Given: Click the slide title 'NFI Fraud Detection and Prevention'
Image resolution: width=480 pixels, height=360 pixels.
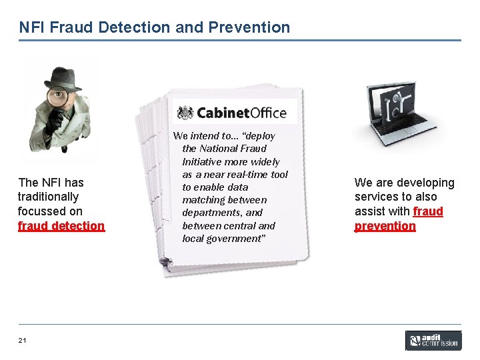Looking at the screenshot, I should click(x=155, y=27).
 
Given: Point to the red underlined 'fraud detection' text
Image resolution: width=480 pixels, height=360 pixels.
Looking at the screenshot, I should click(x=61, y=226).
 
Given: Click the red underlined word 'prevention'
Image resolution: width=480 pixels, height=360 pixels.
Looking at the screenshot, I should click(x=385, y=226).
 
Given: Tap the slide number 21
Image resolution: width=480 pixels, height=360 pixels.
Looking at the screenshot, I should click(x=23, y=341).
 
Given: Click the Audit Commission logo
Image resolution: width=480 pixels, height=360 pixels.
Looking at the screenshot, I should click(x=433, y=341).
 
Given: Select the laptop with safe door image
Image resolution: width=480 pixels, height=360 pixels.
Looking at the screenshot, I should click(x=397, y=110).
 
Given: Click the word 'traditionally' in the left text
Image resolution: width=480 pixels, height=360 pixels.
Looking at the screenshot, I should click(x=48, y=197).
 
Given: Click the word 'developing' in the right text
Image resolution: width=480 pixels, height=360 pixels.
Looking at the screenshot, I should click(x=427, y=183).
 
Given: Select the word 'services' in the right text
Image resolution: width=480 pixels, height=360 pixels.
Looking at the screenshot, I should click(x=376, y=197).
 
